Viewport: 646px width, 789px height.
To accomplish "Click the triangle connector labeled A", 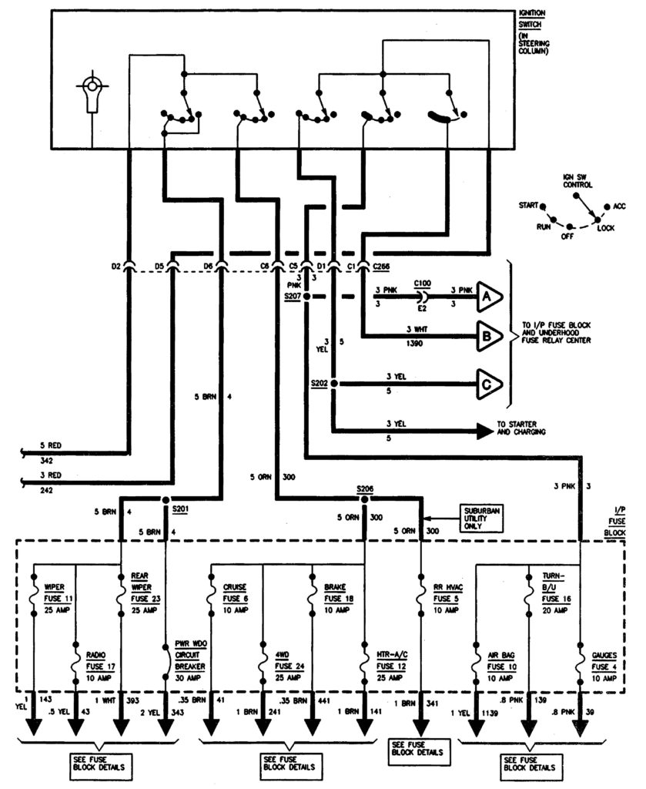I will pos(488,296).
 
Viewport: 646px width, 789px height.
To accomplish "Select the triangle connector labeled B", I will pos(488,336).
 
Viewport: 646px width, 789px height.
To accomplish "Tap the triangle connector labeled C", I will pos(488,383).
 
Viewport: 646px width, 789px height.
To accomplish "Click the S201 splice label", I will pos(181,509).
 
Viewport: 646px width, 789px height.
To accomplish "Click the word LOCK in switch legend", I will pos(606,228).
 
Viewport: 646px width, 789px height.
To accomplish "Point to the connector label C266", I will pos(383,267).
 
